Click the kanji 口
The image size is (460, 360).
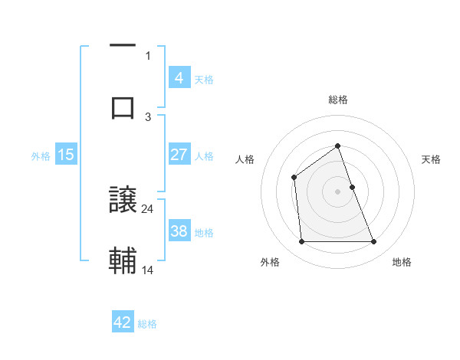click(x=123, y=106)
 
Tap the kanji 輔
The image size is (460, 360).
click(x=123, y=260)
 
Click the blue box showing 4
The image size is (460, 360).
click(x=179, y=78)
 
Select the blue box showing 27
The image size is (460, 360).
click(x=179, y=155)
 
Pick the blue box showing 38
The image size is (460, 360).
click(x=179, y=231)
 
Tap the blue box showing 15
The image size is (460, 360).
click(x=65, y=155)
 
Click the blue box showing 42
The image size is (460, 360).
click(x=123, y=322)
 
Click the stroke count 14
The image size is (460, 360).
click(x=148, y=270)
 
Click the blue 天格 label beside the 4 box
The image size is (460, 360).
click(x=204, y=80)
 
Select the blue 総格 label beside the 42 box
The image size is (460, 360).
click(x=147, y=324)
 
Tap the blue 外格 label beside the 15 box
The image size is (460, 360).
click(x=41, y=156)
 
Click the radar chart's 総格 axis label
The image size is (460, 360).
click(x=338, y=100)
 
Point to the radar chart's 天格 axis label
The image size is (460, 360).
click(x=432, y=159)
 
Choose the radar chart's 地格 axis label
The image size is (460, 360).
click(x=402, y=262)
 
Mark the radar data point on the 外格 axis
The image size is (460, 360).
click(x=301, y=242)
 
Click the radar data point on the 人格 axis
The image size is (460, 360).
click(x=294, y=178)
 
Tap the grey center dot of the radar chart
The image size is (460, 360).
click(x=338, y=191)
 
